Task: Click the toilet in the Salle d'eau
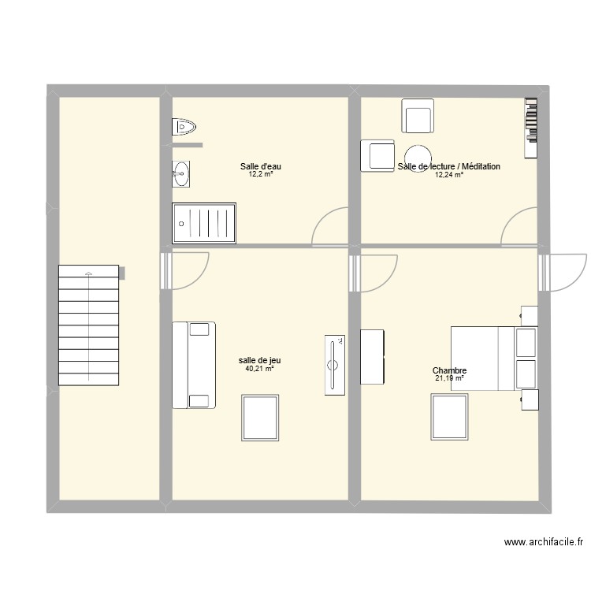click(x=183, y=126)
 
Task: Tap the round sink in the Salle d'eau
click(x=181, y=173)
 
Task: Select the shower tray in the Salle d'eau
click(x=204, y=221)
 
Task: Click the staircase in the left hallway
click(x=88, y=325)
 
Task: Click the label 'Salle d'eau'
click(x=261, y=166)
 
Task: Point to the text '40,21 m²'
click(x=260, y=368)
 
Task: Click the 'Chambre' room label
click(x=449, y=371)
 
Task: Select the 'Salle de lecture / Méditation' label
click(x=449, y=166)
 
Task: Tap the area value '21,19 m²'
click(x=449, y=379)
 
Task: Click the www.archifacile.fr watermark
click(x=543, y=542)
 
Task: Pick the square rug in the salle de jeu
click(x=260, y=418)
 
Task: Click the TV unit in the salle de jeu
click(x=334, y=364)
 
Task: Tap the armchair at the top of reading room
click(x=417, y=117)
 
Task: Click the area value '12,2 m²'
click(x=261, y=174)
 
